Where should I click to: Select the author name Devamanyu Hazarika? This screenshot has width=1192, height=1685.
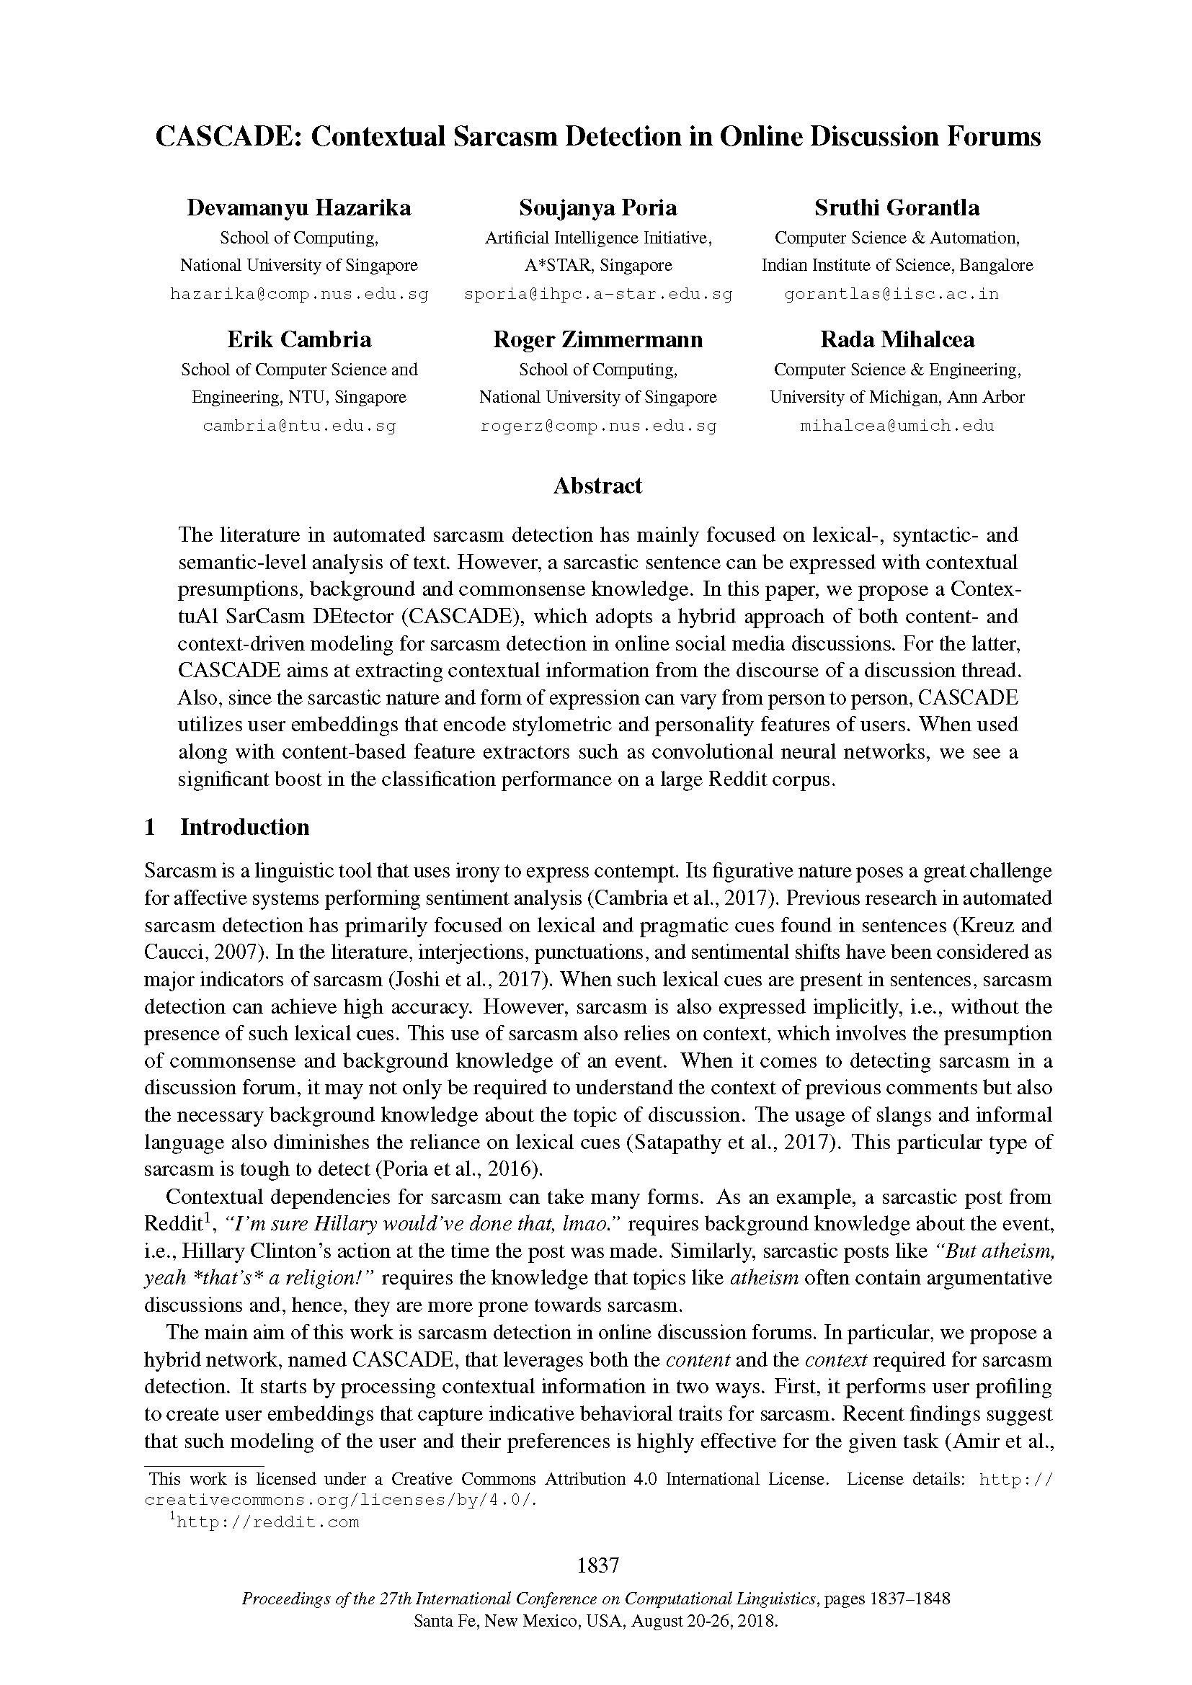[299, 207]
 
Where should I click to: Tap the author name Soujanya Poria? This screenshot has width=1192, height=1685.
[597, 207]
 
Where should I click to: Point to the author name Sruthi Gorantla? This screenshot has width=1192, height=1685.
[897, 207]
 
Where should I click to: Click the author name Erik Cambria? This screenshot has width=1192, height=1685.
[299, 339]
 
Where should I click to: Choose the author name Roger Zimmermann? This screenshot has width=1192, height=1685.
[597, 339]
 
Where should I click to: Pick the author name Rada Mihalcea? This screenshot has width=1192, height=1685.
[897, 339]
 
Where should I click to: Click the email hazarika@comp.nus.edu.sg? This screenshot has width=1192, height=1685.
[299, 295]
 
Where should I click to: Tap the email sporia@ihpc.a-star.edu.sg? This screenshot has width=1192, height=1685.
[598, 295]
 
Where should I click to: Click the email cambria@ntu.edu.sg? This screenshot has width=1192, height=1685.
[299, 426]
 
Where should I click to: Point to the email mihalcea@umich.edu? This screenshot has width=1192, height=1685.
[897, 426]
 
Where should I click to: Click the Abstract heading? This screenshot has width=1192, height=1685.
[597, 486]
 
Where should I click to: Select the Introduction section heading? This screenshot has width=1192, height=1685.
[244, 827]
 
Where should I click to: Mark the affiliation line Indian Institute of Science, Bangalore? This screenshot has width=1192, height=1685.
[897, 265]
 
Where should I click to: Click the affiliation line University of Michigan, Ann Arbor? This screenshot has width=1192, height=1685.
[897, 397]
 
